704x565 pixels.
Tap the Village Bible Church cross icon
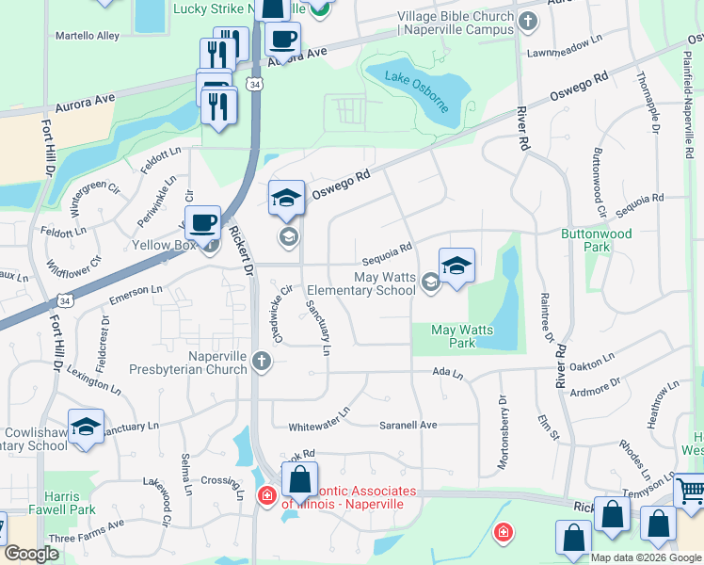529,20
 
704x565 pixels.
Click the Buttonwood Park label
597,240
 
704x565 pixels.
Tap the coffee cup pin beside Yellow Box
201,223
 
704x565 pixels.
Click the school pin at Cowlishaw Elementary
86,427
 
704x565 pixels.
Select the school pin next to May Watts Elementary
456,266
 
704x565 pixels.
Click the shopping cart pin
692,490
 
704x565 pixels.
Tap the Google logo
32,554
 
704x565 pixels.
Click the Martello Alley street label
88,36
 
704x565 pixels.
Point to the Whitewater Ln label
319,412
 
